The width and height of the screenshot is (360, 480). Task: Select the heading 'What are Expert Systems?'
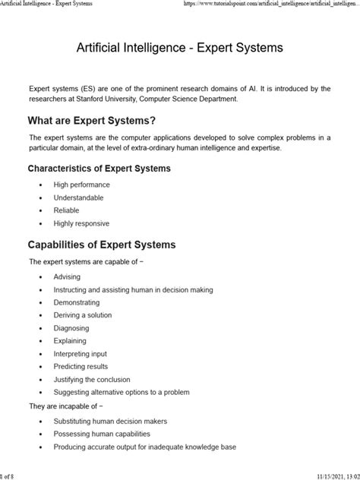[x=92, y=120]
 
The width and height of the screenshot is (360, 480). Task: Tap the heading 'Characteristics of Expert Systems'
[x=99, y=168]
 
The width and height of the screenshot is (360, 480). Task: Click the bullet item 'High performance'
[x=81, y=185]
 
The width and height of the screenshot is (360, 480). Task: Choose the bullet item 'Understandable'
[x=79, y=197]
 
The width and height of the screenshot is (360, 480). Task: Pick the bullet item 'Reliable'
[x=66, y=210]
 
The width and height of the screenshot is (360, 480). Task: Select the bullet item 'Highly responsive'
[x=81, y=223]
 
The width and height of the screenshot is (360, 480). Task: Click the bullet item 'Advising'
[x=67, y=276]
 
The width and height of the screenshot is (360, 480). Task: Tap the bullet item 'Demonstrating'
[x=76, y=302]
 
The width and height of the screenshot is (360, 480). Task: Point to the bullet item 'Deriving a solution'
[x=85, y=315]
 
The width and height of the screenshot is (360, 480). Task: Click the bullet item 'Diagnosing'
[x=71, y=328]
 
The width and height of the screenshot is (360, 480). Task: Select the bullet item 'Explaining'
[x=70, y=341]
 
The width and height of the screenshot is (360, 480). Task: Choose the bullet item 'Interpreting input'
[x=80, y=354]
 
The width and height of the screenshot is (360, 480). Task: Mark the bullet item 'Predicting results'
[x=81, y=366]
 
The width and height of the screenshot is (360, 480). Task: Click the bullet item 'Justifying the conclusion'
[x=93, y=379]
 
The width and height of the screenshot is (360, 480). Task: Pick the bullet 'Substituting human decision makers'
[x=110, y=421]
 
